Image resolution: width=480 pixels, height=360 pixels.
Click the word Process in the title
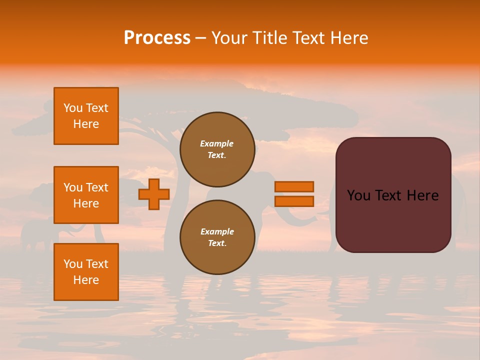(157, 38)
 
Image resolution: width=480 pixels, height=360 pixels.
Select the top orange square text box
(86, 116)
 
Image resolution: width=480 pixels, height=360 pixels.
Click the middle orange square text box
(86, 195)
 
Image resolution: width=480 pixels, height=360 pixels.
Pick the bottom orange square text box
(86, 272)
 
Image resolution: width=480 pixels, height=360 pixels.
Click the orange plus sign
(154, 194)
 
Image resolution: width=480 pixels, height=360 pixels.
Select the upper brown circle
(217, 149)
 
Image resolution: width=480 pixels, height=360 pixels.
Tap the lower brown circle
(217, 237)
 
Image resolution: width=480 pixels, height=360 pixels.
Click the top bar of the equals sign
(294, 186)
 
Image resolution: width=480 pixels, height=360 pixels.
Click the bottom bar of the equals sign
(294, 201)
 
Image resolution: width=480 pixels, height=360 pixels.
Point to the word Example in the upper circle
(217, 143)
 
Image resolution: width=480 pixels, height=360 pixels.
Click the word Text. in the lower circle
(217, 243)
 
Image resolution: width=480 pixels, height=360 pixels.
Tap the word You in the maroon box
(358, 195)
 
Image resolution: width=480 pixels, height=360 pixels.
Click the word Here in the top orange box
(86, 124)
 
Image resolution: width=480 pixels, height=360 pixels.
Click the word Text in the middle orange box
(97, 187)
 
